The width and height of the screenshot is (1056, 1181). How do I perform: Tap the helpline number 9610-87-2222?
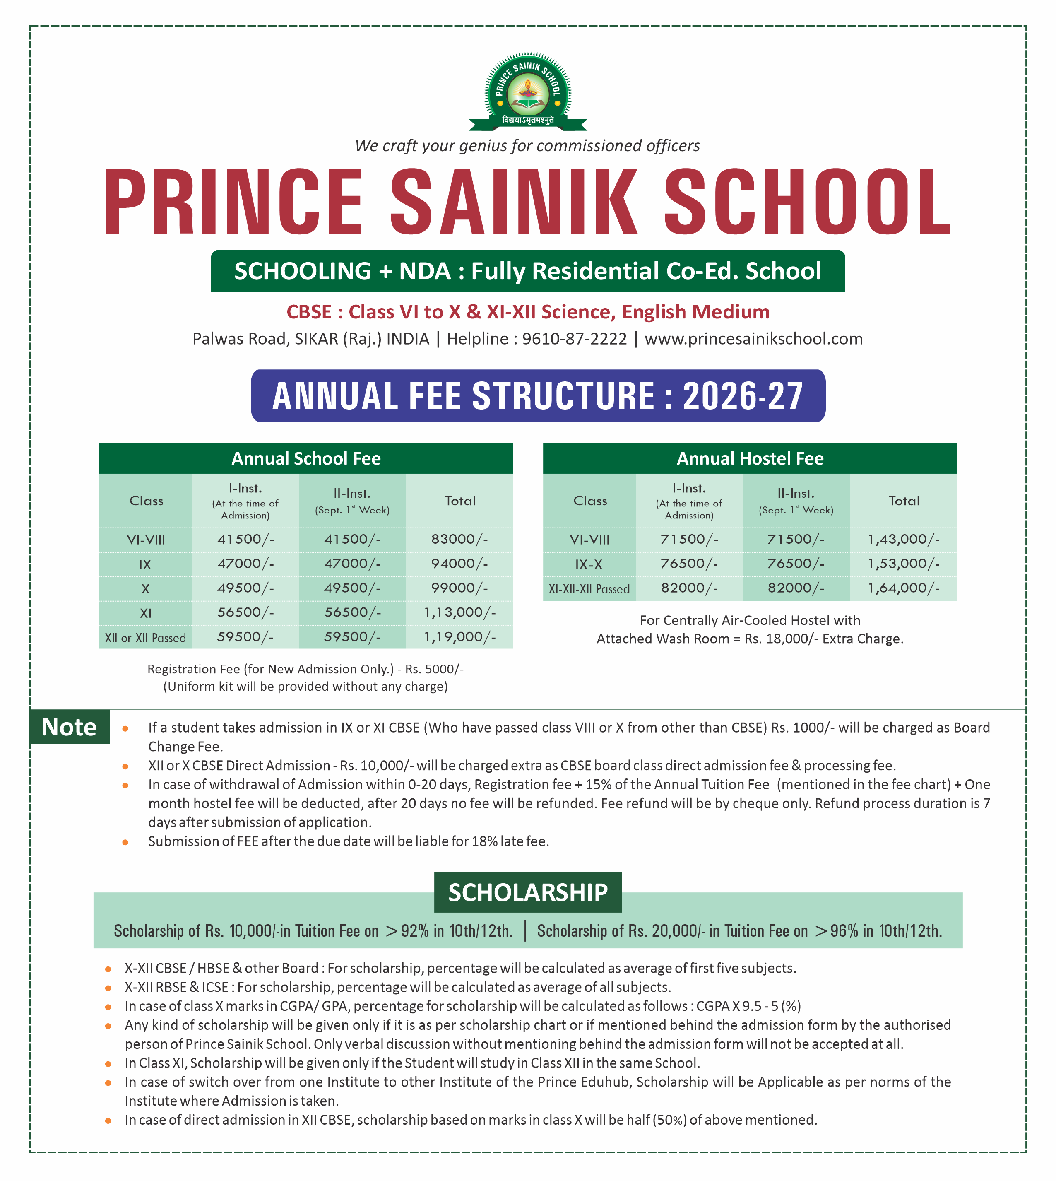575,339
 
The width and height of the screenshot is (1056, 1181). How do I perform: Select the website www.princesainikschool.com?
753,339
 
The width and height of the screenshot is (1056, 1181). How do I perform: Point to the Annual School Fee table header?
306,458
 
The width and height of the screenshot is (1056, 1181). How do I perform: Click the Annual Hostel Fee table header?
750,458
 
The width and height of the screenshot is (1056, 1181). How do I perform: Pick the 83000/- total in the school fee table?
459,539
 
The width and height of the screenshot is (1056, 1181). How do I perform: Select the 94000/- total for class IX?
459,564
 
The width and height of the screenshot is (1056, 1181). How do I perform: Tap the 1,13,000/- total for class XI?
459,612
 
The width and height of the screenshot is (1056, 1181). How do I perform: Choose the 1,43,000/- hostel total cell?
903,539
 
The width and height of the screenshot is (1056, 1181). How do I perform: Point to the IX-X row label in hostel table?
589,564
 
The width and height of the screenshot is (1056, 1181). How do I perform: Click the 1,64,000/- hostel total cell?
903,588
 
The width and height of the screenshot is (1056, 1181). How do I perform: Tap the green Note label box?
70,727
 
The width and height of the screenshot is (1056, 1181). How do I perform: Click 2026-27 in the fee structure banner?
743,396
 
